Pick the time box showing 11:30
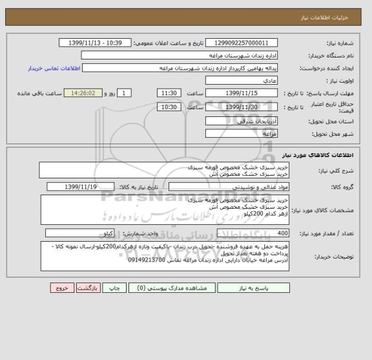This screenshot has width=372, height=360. pyautogui.click(x=169, y=94)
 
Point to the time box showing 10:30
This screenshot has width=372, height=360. pyautogui.click(x=169, y=107)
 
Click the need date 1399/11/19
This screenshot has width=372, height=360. pyautogui.click(x=81, y=187)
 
